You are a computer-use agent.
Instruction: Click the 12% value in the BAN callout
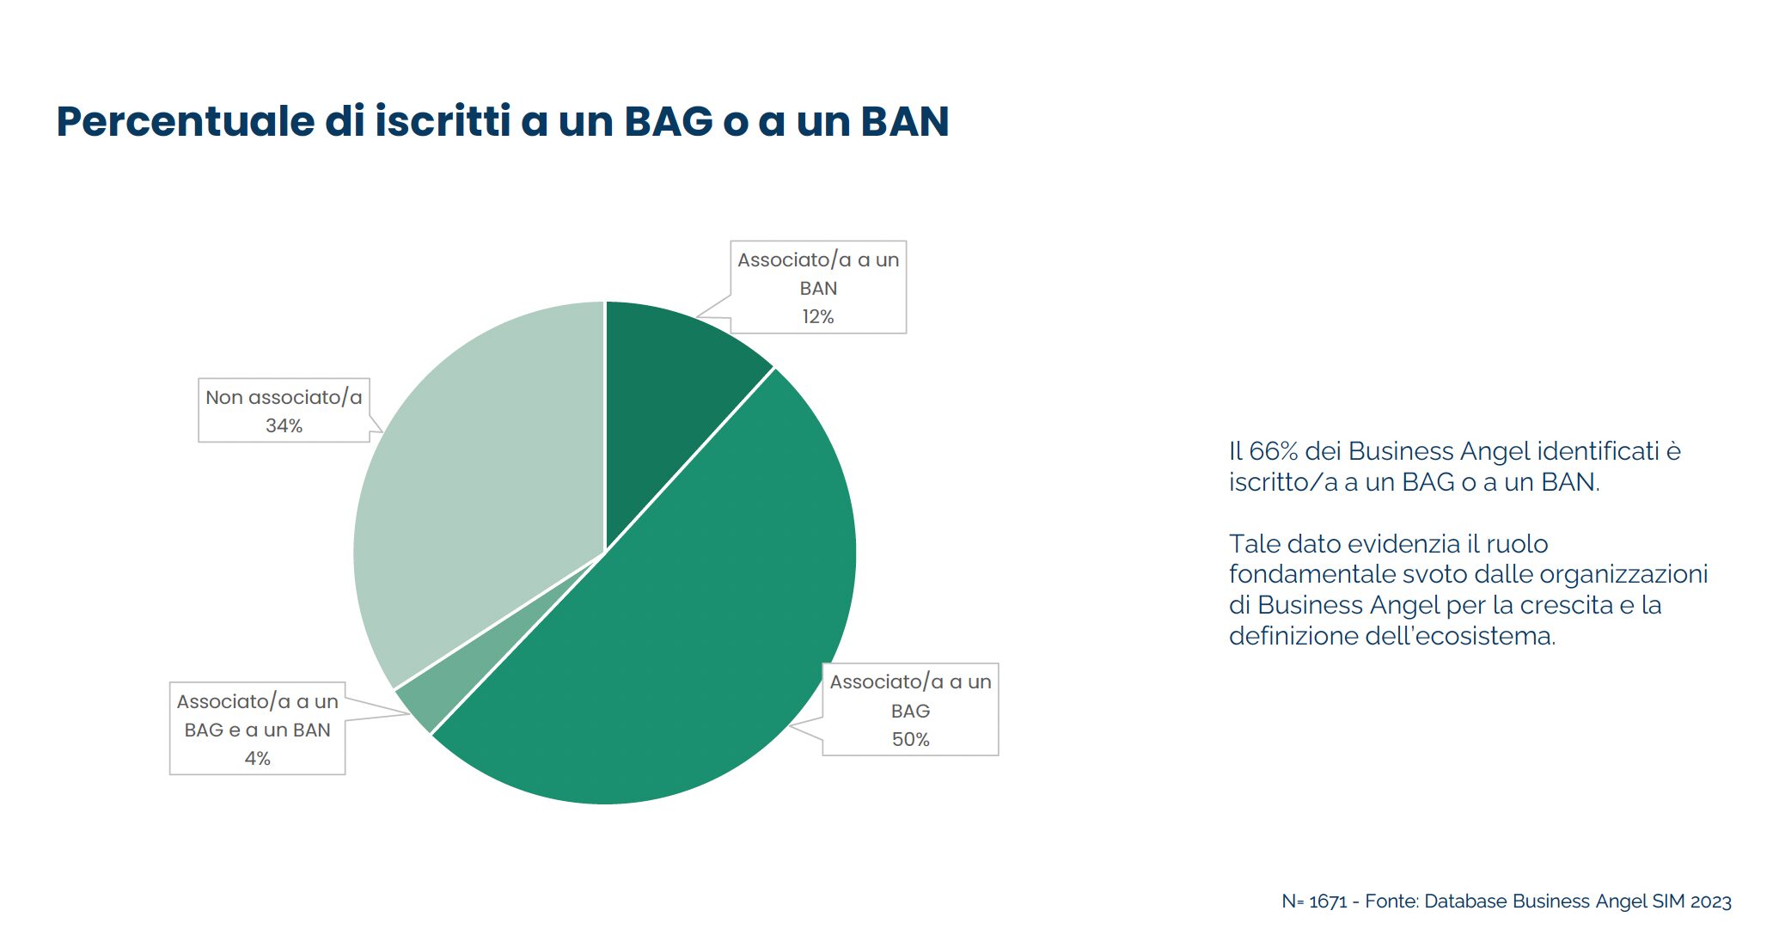coord(818,316)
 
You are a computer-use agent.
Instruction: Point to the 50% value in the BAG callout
coord(911,739)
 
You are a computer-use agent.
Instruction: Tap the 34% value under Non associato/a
coord(284,425)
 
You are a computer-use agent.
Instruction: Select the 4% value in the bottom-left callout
coord(258,758)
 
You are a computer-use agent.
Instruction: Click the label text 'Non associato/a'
coord(284,397)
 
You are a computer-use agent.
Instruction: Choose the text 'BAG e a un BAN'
coord(258,730)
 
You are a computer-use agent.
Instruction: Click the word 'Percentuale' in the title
coord(186,121)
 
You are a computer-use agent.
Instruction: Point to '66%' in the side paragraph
coord(1274,451)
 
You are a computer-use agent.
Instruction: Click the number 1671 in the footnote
coord(1328,901)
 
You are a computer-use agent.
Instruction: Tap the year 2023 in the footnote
coord(1710,901)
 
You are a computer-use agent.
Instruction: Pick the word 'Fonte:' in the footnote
coord(1392,901)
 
